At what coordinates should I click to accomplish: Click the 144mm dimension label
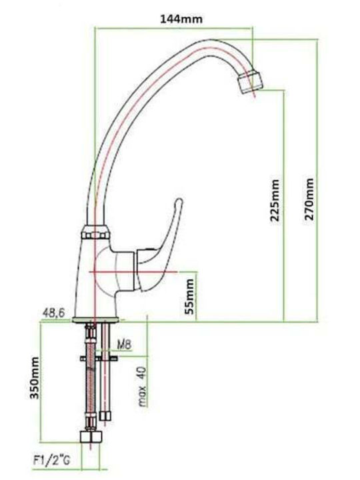[181, 19]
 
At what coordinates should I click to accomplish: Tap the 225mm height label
[275, 201]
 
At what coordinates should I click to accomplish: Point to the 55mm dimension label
[190, 296]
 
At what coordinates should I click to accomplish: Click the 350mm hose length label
[35, 378]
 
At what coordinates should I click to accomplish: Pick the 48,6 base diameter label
[53, 313]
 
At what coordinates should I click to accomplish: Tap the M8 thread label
[124, 345]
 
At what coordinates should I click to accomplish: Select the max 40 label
[143, 387]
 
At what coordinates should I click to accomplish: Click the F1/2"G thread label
[52, 460]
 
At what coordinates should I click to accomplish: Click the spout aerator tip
[251, 82]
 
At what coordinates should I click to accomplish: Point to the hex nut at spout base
[95, 233]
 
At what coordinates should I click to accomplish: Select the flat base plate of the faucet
[95, 320]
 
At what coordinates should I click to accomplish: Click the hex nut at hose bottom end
[90, 437]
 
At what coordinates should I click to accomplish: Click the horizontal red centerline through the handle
[133, 272]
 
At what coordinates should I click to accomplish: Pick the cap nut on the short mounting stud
[105, 416]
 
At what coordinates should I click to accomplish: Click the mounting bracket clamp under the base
[99, 358]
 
